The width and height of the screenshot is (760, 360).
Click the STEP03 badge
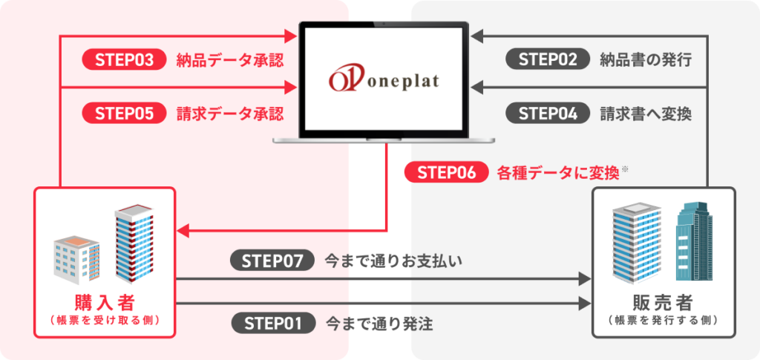coord(124,60)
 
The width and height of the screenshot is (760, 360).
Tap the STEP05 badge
coord(124,114)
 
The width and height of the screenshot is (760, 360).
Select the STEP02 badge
coord(548,60)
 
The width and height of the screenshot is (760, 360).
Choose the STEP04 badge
coord(548,114)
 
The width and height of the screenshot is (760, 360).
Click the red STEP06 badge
coord(446,172)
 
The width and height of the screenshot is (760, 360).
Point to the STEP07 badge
coord(273,261)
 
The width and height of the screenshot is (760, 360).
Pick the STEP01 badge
coord(273,323)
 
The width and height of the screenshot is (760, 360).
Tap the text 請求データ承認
coord(230,114)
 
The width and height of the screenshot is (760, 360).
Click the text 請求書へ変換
coord(646,114)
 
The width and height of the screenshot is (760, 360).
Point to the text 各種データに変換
coord(557,173)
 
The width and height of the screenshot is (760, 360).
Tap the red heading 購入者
coord(105,303)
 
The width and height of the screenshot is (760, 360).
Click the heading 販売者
coord(664,303)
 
